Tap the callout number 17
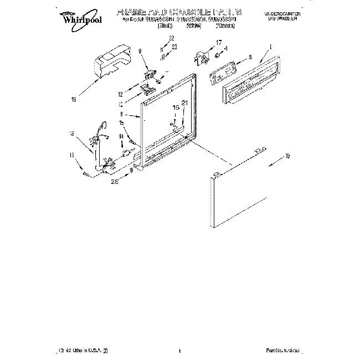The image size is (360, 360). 218,42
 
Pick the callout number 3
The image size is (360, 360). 250,56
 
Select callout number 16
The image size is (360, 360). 74,100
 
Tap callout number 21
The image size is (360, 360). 185,102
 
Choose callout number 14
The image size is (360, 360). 121,136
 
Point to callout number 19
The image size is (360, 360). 287,158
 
